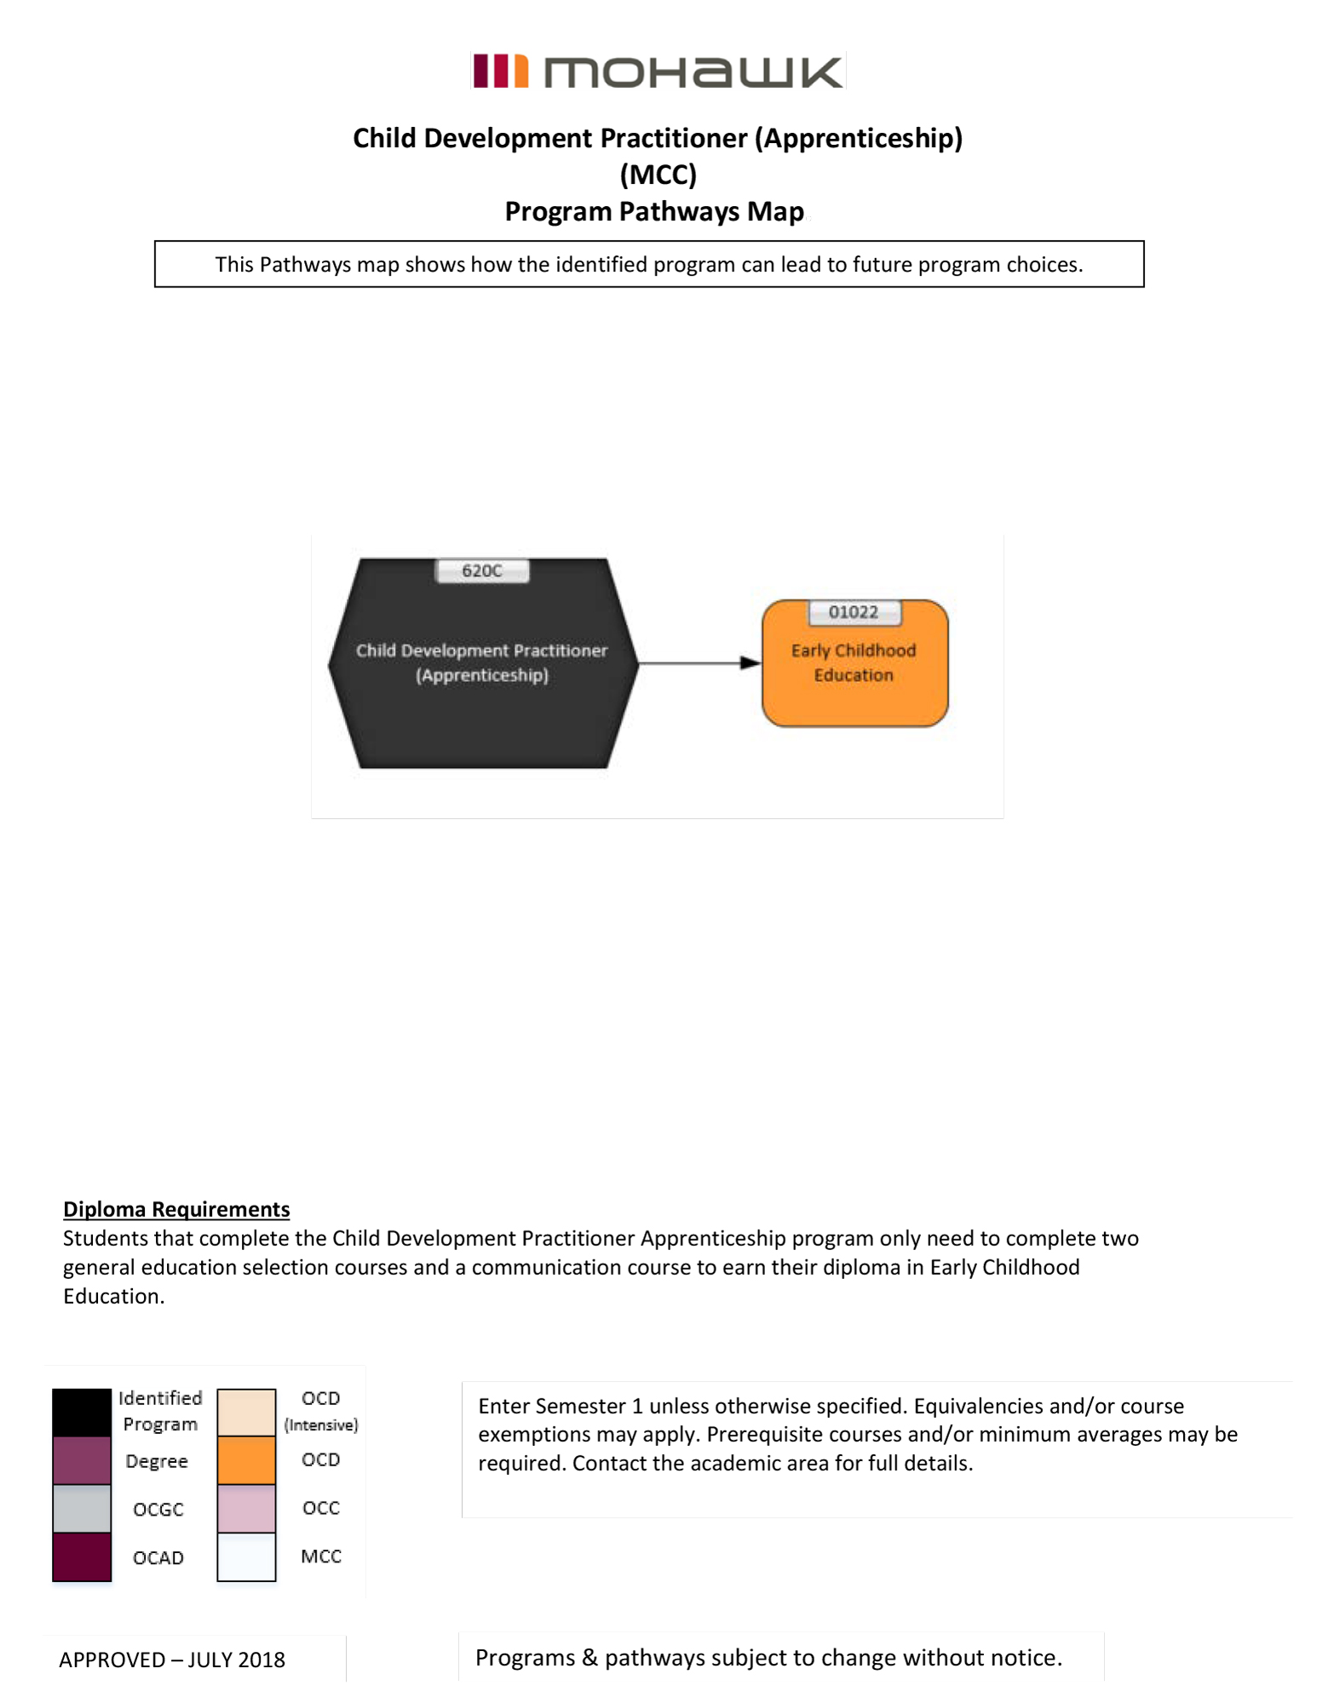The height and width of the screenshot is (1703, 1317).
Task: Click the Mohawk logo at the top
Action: [x=658, y=72]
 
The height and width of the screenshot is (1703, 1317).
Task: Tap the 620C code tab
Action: [x=482, y=571]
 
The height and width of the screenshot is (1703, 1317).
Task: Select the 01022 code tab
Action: [x=854, y=612]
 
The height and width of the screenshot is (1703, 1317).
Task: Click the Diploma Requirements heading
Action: [x=176, y=1209]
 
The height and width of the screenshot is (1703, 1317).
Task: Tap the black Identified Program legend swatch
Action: [x=82, y=1413]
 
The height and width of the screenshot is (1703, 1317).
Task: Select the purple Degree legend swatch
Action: [x=82, y=1460]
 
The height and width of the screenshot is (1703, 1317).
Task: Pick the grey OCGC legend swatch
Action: [x=82, y=1508]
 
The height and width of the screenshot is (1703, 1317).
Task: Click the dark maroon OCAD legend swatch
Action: [x=82, y=1557]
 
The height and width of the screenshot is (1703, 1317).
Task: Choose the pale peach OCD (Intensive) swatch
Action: [x=246, y=1413]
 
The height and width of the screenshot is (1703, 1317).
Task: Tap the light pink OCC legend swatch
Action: [x=246, y=1508]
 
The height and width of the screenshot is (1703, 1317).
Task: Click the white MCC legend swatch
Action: [x=246, y=1557]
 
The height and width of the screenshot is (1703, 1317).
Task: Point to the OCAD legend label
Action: [x=158, y=1557]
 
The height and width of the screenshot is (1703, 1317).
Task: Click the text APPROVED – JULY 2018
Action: [x=172, y=1660]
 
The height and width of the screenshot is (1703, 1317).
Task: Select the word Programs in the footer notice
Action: [x=525, y=1658]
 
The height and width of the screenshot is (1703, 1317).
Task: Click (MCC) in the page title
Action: [x=658, y=175]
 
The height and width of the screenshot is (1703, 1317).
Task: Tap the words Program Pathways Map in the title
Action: [x=654, y=211]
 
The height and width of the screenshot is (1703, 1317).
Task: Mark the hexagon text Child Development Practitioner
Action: [x=482, y=651]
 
